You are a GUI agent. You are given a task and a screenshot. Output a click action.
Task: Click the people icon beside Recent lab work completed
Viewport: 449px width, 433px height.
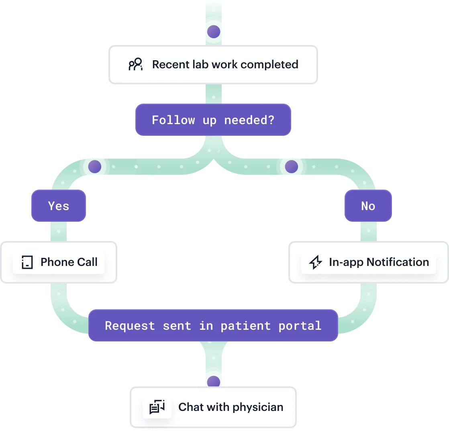pyautogui.click(x=135, y=64)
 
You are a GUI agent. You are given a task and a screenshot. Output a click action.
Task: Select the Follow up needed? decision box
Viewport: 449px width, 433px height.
pyautogui.click(x=213, y=120)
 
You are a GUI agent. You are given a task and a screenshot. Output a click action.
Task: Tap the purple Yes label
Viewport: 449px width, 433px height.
pyautogui.click(x=59, y=206)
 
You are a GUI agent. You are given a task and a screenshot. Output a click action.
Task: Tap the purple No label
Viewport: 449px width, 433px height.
pyautogui.click(x=368, y=206)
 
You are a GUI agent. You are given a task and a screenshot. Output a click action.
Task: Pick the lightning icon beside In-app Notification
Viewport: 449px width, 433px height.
pyautogui.click(x=315, y=262)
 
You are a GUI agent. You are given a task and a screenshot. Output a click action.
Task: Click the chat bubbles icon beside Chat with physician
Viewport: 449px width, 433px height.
pyautogui.click(x=157, y=407)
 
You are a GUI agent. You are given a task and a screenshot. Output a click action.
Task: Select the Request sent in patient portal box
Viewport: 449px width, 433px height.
pyautogui.click(x=213, y=325)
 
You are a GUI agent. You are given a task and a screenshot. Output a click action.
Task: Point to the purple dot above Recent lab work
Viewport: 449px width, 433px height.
pyautogui.click(x=213, y=31)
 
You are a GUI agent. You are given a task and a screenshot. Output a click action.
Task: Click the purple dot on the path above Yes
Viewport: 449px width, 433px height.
pyautogui.click(x=95, y=166)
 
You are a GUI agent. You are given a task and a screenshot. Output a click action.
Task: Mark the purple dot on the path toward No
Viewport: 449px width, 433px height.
pyautogui.click(x=291, y=166)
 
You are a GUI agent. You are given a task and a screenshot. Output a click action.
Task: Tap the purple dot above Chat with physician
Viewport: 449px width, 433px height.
pyautogui.click(x=213, y=382)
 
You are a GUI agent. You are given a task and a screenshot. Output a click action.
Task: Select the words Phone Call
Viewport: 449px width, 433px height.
pyautogui.click(x=69, y=262)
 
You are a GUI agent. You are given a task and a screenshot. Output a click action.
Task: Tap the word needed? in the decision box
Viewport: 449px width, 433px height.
pyautogui.click(x=249, y=120)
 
